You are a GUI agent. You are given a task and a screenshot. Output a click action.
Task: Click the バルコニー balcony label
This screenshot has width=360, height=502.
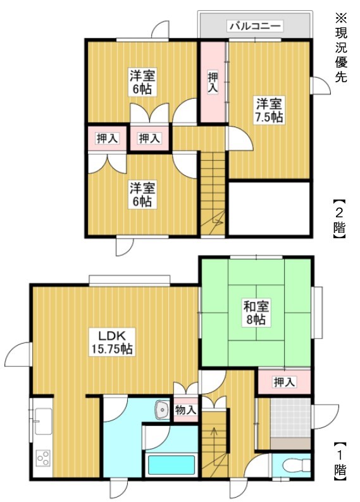click(x=256, y=26)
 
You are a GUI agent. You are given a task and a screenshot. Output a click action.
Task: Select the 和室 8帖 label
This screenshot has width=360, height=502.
click(x=256, y=313)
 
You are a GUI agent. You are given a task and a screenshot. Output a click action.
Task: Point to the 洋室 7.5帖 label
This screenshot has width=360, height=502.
click(x=269, y=111)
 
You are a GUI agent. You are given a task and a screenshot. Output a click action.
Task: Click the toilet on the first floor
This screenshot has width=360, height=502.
click(x=297, y=465)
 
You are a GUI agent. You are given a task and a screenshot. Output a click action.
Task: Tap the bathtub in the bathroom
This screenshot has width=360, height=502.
click(x=171, y=465)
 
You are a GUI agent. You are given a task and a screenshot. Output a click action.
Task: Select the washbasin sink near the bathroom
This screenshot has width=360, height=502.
click(x=162, y=409)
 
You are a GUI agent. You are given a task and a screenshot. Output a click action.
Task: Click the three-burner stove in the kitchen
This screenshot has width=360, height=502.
click(x=44, y=458)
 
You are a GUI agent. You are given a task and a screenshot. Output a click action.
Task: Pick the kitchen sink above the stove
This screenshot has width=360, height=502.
click(x=43, y=421)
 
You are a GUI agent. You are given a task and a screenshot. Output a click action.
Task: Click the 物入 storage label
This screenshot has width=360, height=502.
click(x=185, y=410)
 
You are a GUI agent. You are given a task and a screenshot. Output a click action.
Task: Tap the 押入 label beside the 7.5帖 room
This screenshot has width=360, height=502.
click(x=213, y=82)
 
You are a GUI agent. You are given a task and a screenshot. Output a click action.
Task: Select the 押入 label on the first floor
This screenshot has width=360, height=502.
click(x=284, y=382)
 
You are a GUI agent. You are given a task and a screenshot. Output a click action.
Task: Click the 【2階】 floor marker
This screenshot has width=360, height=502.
click(x=340, y=220)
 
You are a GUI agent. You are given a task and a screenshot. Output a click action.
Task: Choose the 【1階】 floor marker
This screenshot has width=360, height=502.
click(x=340, y=461)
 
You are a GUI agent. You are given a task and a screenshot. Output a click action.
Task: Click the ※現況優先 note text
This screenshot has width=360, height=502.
click(x=341, y=47)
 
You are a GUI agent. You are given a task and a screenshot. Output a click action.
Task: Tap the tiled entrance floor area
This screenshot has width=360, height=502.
click(x=290, y=417)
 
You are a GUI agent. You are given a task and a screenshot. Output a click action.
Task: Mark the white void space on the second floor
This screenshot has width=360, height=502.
click(x=269, y=209)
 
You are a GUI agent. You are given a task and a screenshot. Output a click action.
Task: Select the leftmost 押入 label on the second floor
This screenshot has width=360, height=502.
click(x=107, y=138)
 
